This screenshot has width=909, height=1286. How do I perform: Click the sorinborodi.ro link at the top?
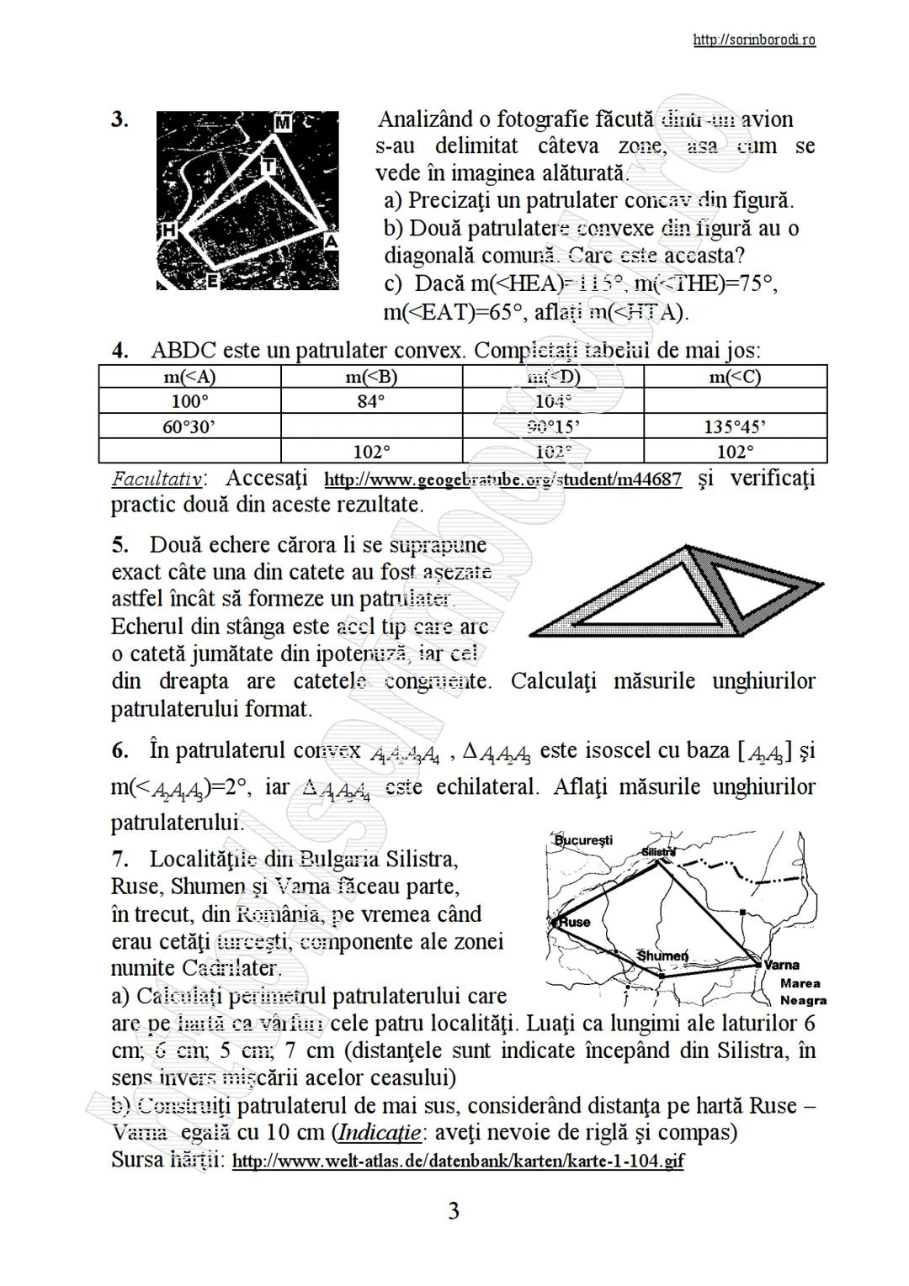click(753, 40)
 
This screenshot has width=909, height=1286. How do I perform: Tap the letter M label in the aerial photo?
click(283, 123)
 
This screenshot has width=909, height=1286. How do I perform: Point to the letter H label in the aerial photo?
click(167, 230)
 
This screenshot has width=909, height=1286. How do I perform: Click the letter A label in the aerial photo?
click(331, 241)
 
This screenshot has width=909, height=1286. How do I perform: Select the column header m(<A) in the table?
click(189, 377)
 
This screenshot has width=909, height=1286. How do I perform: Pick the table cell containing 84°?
click(371, 401)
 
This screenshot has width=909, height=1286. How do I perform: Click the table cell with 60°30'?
click(189, 426)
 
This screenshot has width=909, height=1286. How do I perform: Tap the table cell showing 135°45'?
click(735, 426)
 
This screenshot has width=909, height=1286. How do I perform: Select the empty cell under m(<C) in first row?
click(735, 401)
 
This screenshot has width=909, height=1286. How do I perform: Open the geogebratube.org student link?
click(502, 480)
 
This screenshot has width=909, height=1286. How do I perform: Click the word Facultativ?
click(157, 479)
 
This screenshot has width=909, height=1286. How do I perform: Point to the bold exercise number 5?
click(120, 545)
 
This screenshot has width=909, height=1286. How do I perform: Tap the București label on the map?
click(584, 840)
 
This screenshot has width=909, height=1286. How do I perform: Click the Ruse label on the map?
click(576, 922)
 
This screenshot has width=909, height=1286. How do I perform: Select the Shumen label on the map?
click(662, 956)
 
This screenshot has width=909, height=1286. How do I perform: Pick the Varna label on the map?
click(781, 965)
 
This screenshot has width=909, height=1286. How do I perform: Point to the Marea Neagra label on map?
click(802, 992)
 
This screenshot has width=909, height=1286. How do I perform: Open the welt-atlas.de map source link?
click(457, 1162)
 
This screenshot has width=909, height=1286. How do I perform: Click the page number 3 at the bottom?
click(454, 1211)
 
